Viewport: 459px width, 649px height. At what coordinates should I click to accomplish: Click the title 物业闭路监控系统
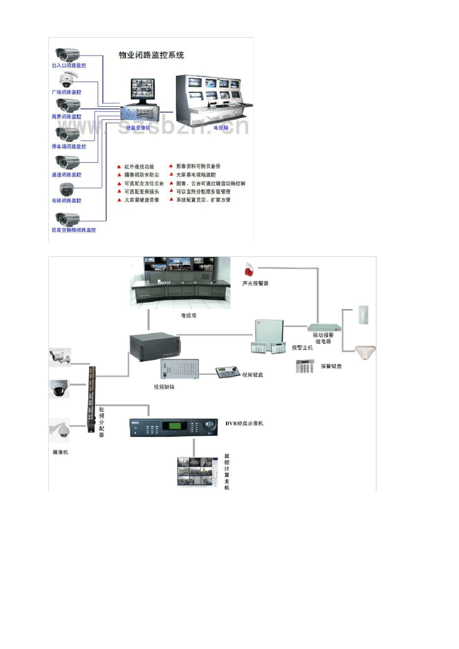coord(151,55)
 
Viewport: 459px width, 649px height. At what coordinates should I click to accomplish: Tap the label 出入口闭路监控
coord(69,66)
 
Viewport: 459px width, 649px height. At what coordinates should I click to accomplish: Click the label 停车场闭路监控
coord(69,146)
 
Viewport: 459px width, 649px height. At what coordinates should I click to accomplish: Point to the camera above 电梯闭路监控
coord(67,189)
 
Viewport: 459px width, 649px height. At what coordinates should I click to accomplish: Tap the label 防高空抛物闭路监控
coord(73,230)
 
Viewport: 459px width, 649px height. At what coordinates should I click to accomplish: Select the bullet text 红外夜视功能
coord(139,167)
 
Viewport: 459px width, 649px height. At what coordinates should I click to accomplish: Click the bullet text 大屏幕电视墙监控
coord(196,175)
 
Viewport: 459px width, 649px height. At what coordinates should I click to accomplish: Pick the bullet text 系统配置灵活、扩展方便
coord(203,200)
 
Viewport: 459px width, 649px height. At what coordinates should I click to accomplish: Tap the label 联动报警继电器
coord(323,338)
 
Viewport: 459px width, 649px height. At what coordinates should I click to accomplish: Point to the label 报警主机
coord(302,348)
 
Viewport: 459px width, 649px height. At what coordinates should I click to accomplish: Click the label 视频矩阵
coord(164,387)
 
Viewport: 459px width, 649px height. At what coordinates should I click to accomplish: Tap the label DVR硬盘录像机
coord(244,423)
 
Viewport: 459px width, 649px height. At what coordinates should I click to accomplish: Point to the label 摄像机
coord(60,452)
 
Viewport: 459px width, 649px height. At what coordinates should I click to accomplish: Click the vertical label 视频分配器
coord(101,422)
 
